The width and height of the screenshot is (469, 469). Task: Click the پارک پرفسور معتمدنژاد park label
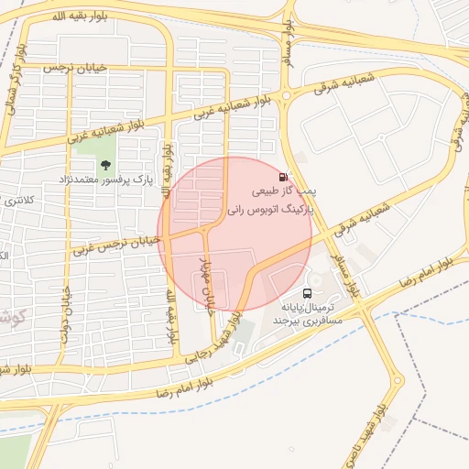click(x=105, y=180)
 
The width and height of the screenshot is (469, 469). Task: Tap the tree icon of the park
click(x=105, y=166)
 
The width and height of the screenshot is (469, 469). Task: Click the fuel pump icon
click(x=282, y=177)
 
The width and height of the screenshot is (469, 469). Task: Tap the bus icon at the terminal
click(x=306, y=293)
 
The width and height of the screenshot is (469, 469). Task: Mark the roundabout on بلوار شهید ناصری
click(x=398, y=378)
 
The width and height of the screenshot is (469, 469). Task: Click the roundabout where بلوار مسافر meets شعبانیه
click(x=287, y=94)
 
